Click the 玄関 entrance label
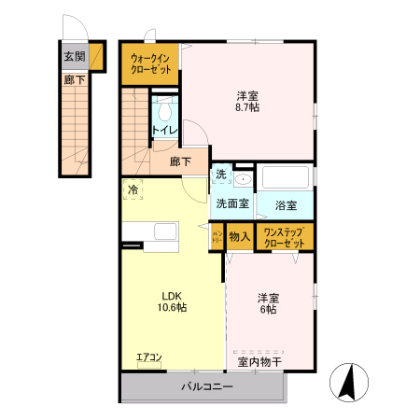(74, 57)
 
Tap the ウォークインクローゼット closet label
(150, 63)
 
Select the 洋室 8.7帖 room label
(247, 101)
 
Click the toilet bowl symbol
(165, 106)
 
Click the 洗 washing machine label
(221, 175)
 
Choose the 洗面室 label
(231, 203)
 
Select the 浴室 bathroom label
(286, 204)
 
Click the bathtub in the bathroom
(286, 176)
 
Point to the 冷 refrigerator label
(133, 189)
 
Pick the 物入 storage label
(240, 237)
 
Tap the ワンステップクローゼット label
(283, 237)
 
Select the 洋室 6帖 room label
(267, 304)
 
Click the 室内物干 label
(259, 361)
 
